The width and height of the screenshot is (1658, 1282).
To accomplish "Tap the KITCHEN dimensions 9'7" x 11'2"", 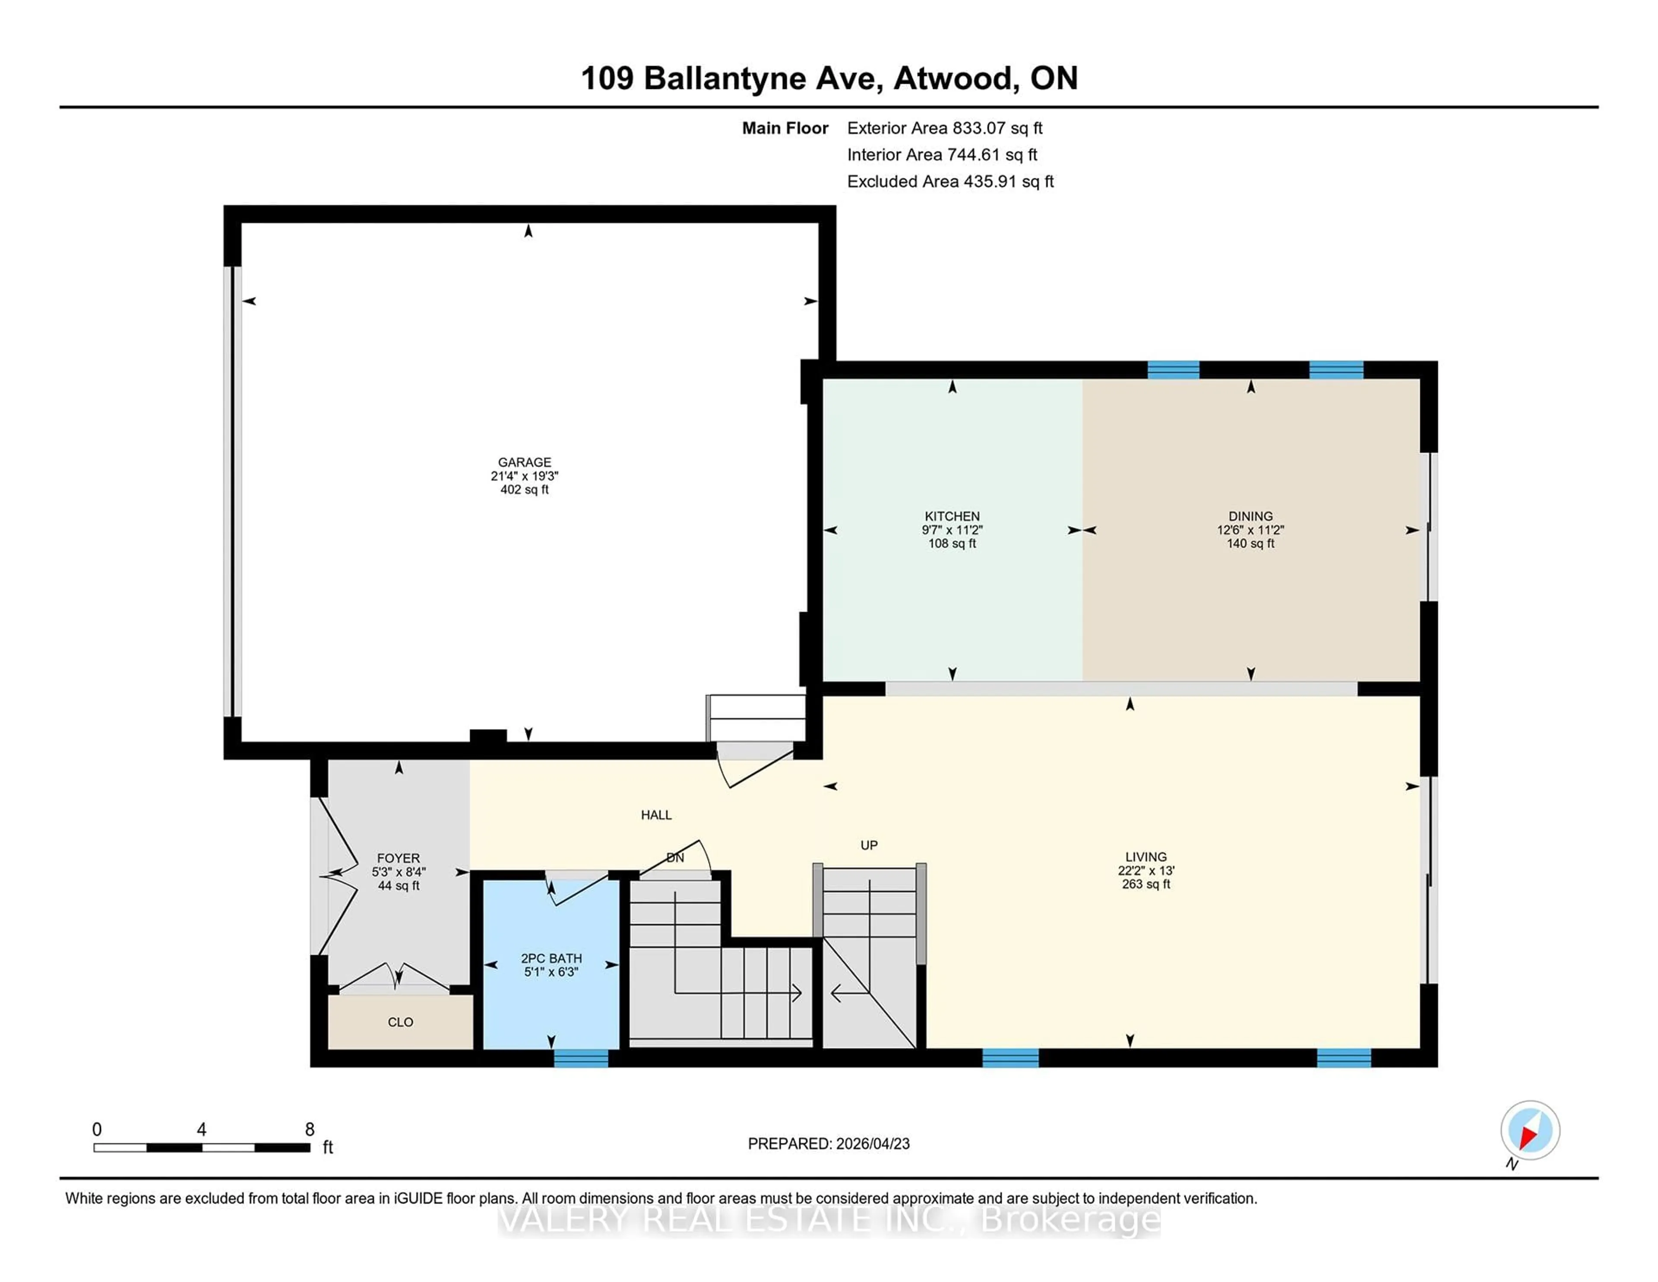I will point(952,530).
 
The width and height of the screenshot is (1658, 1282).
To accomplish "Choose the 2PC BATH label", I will point(551,958).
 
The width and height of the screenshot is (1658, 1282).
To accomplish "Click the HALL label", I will point(656,815).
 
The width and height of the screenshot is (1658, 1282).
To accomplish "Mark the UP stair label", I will point(868,845).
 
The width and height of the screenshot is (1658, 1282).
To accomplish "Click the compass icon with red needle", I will point(1530,1130).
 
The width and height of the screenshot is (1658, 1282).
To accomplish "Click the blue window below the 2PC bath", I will point(581,1058).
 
